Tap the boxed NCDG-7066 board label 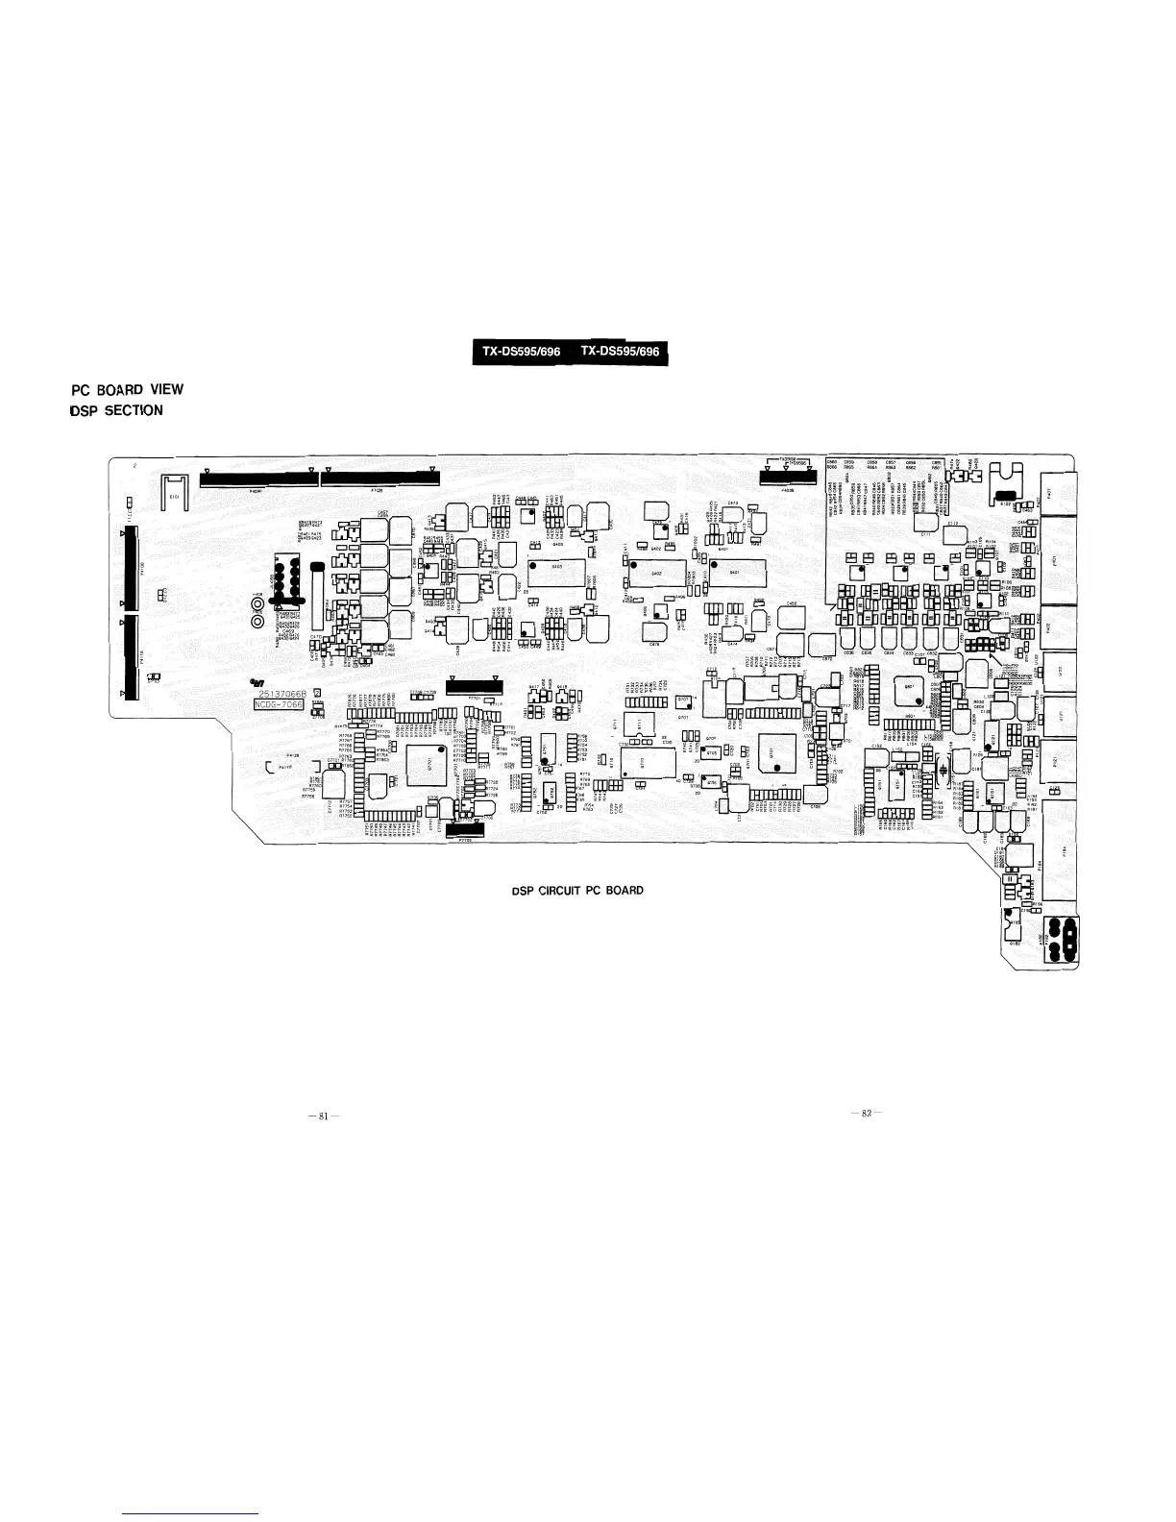click(278, 704)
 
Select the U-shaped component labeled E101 click(174, 491)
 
